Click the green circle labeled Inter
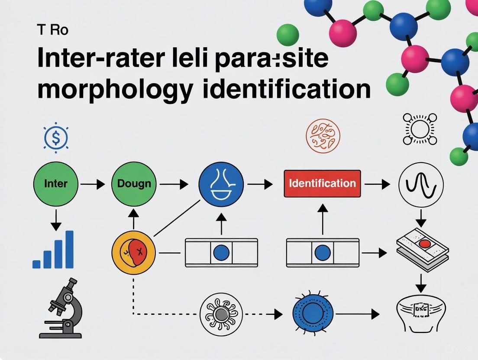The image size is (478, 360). coord(56,183)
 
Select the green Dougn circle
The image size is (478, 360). coord(134,183)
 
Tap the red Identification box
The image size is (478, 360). coord(322,183)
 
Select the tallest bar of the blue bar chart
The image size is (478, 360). coord(69,249)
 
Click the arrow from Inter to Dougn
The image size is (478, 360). coord(93,184)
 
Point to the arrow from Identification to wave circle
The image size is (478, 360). coord(378,184)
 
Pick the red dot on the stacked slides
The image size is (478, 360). coord(424,245)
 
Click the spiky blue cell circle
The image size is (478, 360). coord(313,313)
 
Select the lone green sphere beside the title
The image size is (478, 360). coord(287,35)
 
